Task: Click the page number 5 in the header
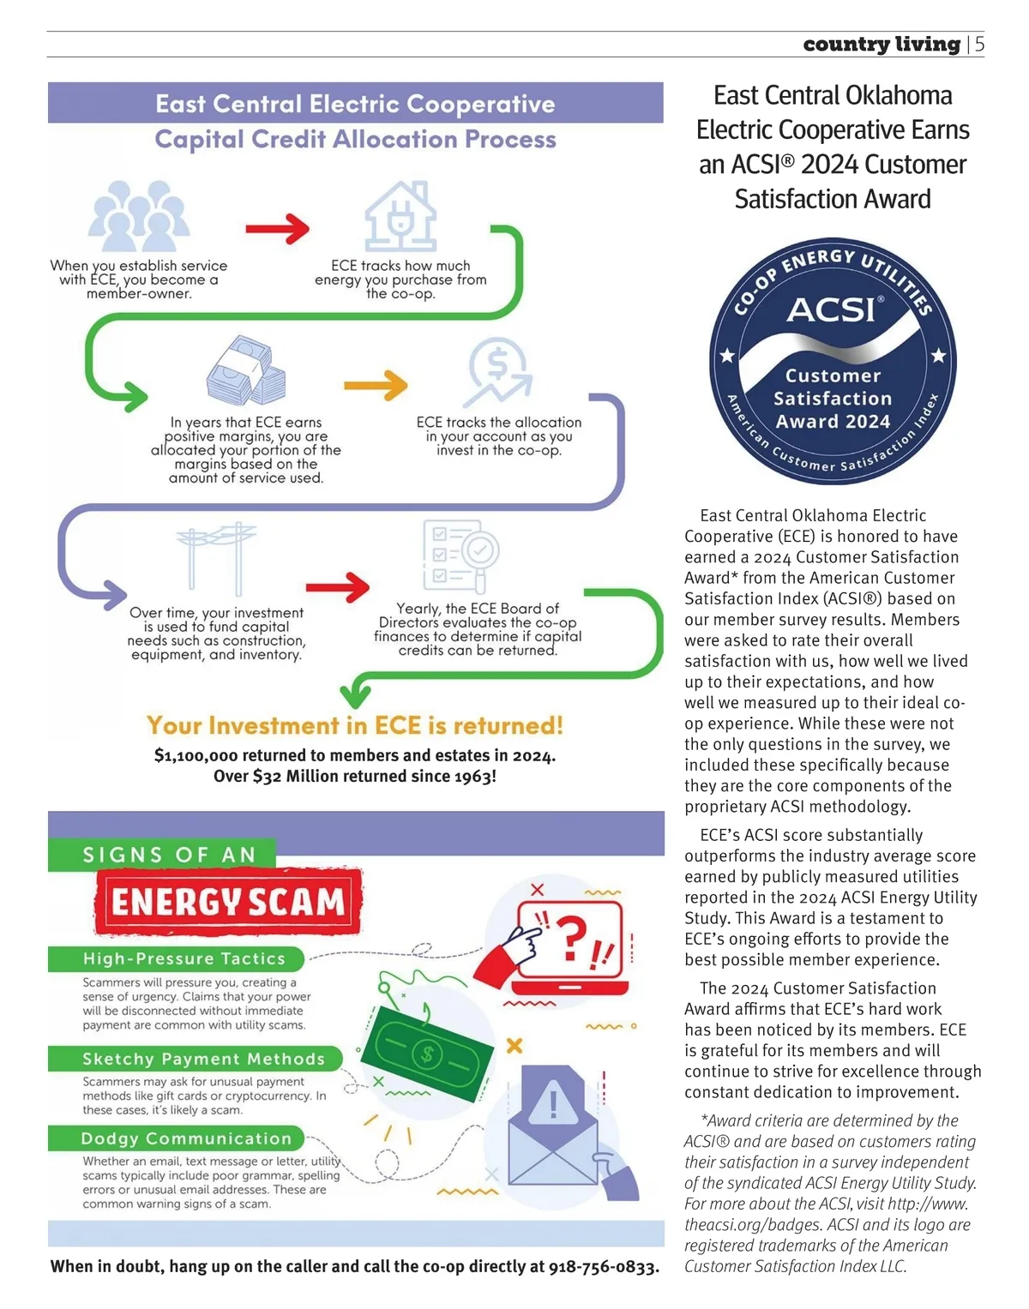(979, 44)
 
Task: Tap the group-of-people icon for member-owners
(139, 217)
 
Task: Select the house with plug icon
(400, 216)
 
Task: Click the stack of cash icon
(246, 370)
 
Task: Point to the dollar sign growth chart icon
(498, 372)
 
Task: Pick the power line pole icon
(216, 558)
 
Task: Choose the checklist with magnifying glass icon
(460, 555)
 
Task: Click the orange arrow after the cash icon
(376, 385)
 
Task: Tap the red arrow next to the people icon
(277, 229)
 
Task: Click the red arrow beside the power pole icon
(337, 586)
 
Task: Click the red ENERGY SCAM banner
(228, 902)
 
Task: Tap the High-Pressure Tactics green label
(177, 958)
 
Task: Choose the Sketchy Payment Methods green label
(195, 1059)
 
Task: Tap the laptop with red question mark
(566, 943)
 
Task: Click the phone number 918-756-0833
(604, 1266)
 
